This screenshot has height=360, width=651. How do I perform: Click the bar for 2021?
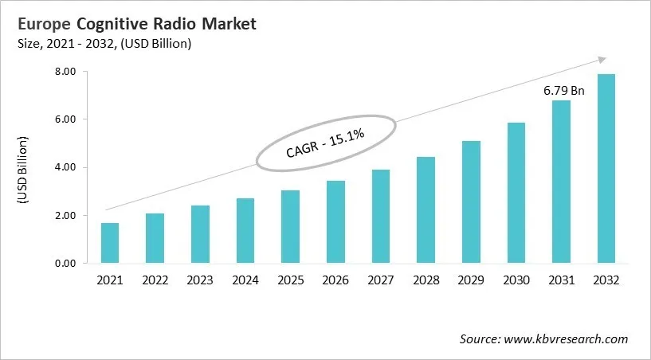(x=110, y=243)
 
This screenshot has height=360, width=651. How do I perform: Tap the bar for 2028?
(x=426, y=210)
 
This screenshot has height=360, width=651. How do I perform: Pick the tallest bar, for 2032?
(x=606, y=168)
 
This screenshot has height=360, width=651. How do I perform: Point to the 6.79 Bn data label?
(x=563, y=91)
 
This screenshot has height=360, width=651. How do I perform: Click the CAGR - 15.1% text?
(x=325, y=143)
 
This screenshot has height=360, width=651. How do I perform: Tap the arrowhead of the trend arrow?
(x=602, y=59)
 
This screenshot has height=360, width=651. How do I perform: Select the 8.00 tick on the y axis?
(x=65, y=72)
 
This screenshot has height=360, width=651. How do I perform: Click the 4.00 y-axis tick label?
(x=65, y=167)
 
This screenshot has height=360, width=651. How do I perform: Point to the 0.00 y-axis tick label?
(x=65, y=263)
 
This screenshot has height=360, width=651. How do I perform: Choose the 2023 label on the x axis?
(x=199, y=280)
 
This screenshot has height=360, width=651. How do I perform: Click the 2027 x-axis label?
(x=380, y=280)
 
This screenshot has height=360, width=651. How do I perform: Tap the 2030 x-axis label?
(x=516, y=280)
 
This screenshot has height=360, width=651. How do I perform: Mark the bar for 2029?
(x=471, y=202)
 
